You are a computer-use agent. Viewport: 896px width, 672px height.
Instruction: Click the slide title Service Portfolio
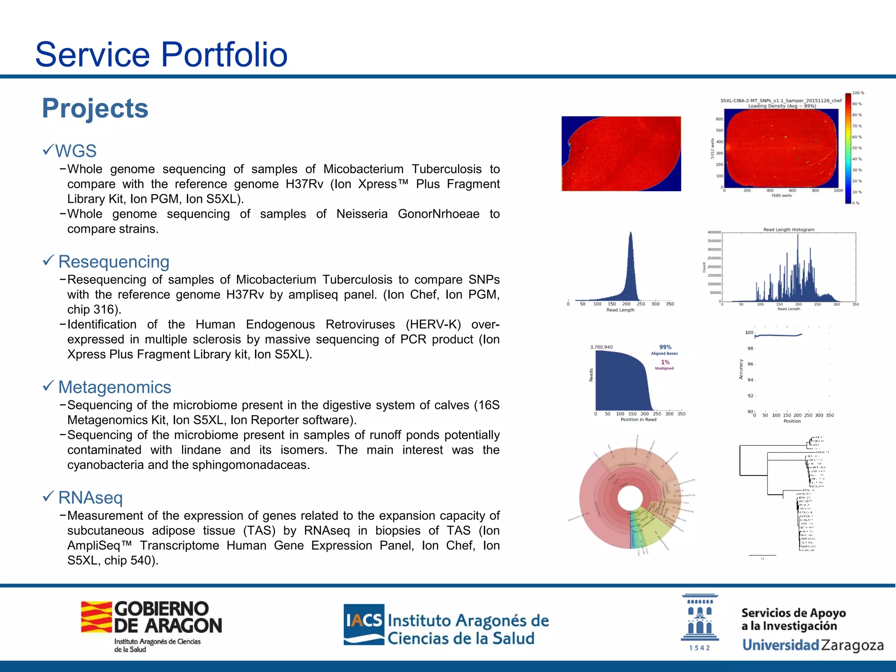point(161,54)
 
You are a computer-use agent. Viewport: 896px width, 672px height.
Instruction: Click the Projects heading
point(95,108)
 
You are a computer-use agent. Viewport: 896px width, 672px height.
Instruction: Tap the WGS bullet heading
point(76,151)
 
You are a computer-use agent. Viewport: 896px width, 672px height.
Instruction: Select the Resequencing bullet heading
point(114,262)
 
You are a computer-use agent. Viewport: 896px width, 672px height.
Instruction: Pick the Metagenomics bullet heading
point(115,387)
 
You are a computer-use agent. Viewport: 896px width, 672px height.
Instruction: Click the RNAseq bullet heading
point(91,498)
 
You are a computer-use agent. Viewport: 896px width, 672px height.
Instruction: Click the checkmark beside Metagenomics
point(48,386)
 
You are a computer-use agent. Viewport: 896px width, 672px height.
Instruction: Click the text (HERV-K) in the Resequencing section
point(433,325)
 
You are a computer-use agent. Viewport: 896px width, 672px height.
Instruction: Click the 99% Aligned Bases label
point(665,350)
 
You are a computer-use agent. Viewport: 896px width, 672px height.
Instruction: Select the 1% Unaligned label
point(665,364)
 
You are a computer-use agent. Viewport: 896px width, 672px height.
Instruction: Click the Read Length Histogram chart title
point(788,229)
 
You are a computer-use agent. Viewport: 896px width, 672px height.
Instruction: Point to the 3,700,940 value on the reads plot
point(601,347)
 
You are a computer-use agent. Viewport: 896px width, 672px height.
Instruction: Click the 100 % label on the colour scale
point(858,93)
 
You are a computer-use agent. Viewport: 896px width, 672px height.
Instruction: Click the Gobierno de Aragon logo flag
point(96,617)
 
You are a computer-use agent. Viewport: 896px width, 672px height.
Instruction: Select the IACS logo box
point(364,624)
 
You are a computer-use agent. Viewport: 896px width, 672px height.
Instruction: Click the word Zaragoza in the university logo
point(852,645)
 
